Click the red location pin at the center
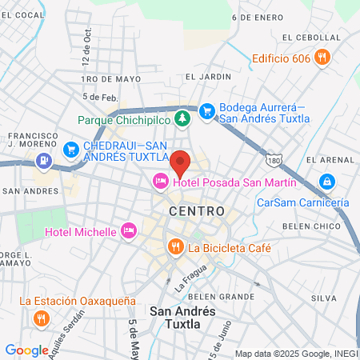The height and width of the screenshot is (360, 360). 180,162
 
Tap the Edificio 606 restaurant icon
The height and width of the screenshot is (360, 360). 322,57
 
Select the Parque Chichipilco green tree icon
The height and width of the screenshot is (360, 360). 183,119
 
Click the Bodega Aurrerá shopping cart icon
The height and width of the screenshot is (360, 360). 206,111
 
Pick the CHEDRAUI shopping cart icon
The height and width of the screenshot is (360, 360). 71,148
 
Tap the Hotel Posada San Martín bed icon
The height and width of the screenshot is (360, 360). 160,182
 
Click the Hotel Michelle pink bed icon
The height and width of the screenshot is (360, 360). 128,231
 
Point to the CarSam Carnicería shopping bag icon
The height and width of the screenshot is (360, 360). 327,182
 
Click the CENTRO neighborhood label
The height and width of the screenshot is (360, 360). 190,210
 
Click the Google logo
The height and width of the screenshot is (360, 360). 26,350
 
